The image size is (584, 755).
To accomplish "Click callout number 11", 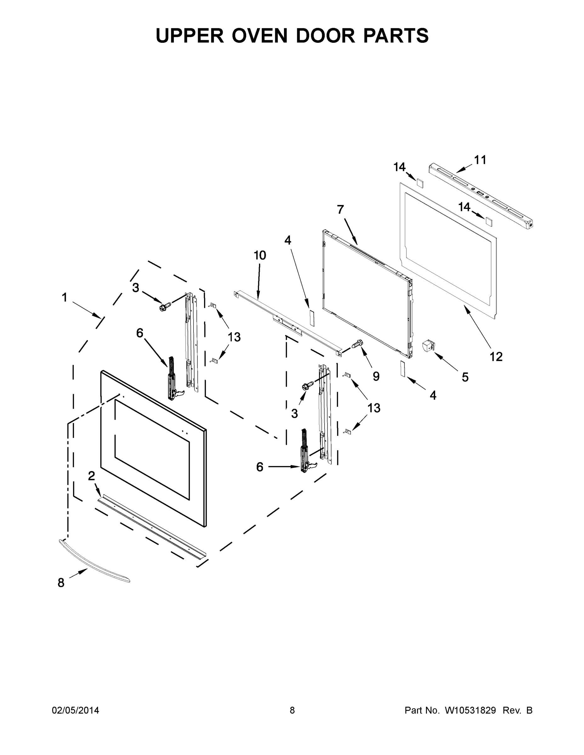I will tap(480, 160).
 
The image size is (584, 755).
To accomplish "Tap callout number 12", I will tap(496, 356).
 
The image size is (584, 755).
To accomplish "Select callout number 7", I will tap(340, 210).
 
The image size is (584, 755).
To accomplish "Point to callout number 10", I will tap(259, 255).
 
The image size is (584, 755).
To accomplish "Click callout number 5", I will tap(465, 377).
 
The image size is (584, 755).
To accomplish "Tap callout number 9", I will tap(376, 376).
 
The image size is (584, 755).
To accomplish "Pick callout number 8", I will tap(61, 583).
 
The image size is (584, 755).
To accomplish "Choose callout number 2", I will tap(91, 476).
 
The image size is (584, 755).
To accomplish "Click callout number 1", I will tap(64, 297).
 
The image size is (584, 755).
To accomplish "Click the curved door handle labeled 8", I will tap(94, 562).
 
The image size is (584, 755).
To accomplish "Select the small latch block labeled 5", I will tap(428, 346).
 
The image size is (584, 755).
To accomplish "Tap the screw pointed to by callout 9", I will tap(357, 343).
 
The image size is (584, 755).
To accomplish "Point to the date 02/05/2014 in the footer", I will tap(76, 710).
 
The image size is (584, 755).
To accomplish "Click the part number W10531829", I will tap(470, 710).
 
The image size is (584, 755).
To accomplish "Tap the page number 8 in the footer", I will tap(292, 710).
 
